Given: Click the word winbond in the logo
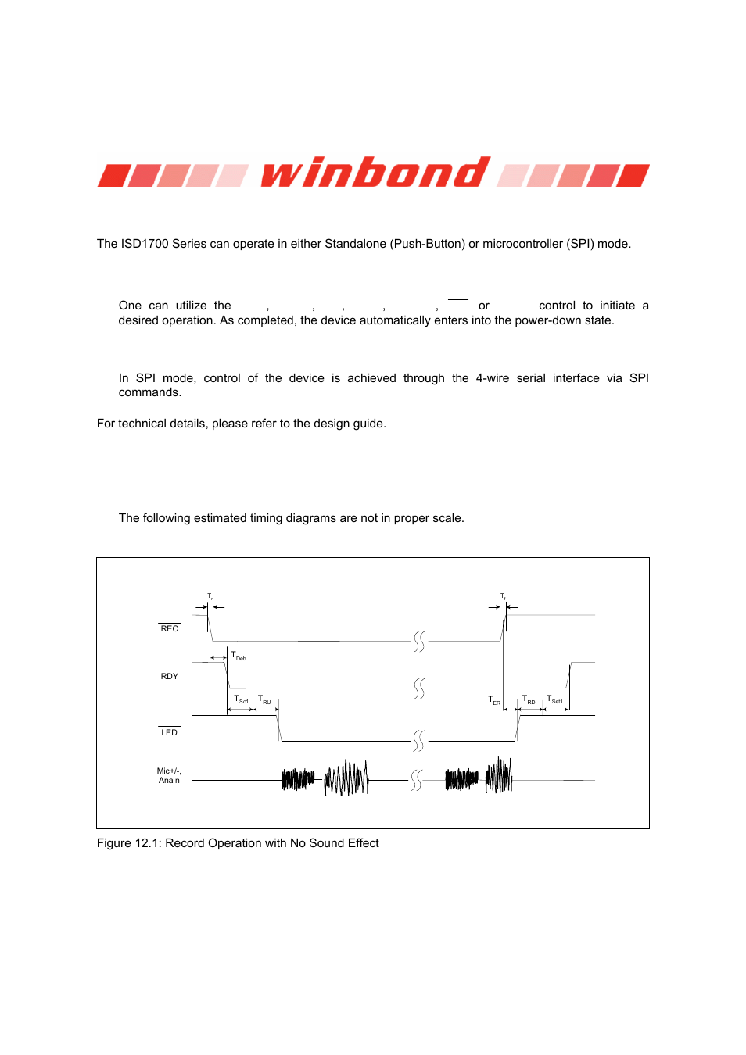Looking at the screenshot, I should [375, 173].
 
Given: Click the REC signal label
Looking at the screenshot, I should [169, 628].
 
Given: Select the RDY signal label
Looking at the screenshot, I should [169, 676].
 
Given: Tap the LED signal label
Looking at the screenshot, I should [169, 732].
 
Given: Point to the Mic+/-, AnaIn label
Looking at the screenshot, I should [169, 775].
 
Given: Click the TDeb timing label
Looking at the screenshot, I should [239, 656].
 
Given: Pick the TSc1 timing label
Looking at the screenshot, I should [241, 700].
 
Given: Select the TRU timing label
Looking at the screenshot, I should [264, 700].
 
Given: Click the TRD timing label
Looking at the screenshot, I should [529, 700].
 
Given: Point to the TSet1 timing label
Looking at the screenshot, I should [554, 700].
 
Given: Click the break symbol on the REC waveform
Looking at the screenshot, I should [419, 642].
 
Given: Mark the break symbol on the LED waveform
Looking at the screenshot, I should [419, 740].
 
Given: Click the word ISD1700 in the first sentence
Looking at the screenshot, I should [145, 244].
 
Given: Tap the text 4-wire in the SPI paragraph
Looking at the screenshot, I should [492, 378].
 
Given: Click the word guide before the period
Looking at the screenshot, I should [368, 424].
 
